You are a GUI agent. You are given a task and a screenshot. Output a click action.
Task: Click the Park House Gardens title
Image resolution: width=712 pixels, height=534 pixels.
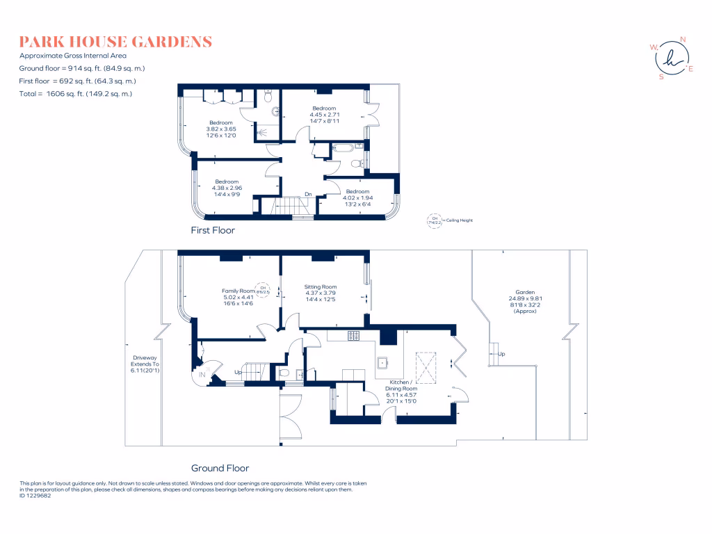coord(115,42)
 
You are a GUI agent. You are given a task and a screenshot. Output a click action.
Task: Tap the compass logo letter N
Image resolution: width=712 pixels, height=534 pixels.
coord(682,40)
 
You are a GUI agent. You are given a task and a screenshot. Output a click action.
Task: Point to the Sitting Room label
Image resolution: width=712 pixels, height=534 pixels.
coord(320,286)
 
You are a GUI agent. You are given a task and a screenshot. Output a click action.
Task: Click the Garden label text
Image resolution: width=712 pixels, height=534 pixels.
coord(525,292)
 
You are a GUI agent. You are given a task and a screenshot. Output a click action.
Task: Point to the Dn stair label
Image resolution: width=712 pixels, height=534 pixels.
coord(307,195)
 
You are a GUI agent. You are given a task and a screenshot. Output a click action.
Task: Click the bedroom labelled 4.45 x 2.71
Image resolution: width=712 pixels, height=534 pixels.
coord(324,115)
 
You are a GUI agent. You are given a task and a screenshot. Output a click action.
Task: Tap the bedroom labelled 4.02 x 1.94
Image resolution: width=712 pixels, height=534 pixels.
coord(357,197)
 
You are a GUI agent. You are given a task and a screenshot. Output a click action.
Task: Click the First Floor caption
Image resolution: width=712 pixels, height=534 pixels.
coord(213,230)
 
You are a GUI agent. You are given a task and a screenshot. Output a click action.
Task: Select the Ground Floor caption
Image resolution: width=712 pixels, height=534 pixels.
coord(220,468)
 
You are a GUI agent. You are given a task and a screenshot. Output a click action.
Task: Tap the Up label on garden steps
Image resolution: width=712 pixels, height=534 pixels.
coord(501,354)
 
